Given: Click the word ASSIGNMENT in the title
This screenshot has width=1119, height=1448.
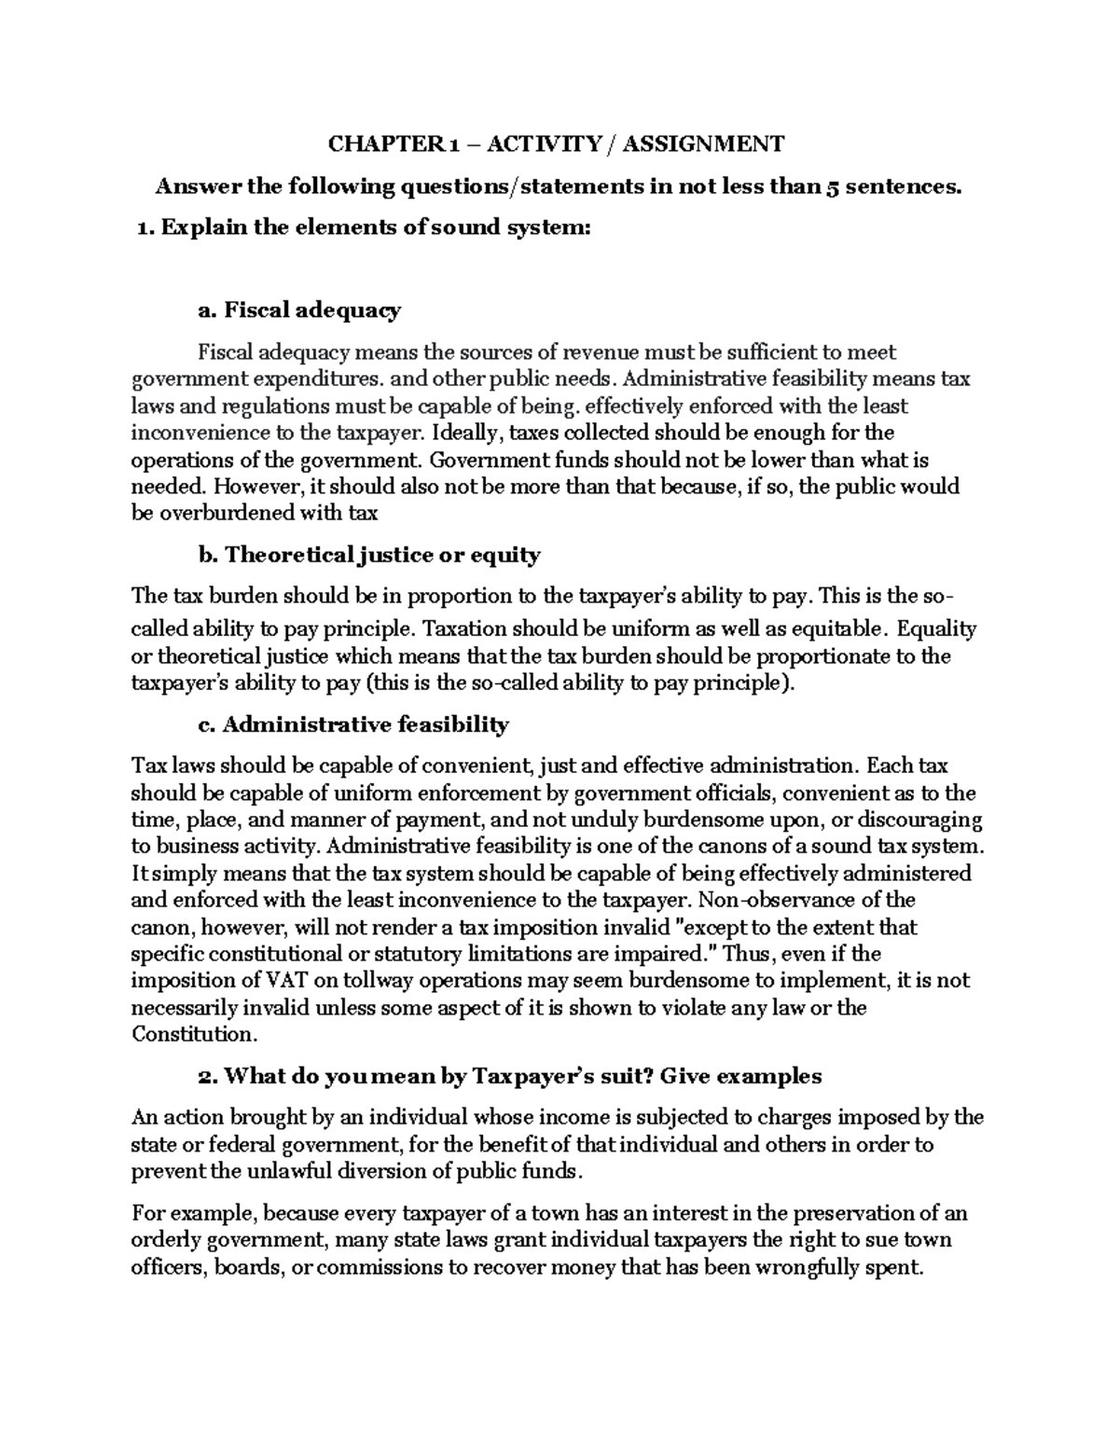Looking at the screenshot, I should click(x=703, y=144).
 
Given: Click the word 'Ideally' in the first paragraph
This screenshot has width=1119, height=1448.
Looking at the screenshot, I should click(x=469, y=433).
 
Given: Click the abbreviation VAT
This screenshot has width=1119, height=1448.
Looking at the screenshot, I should click(x=286, y=981).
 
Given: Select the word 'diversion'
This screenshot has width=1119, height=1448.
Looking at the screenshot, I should click(x=367, y=1171).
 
